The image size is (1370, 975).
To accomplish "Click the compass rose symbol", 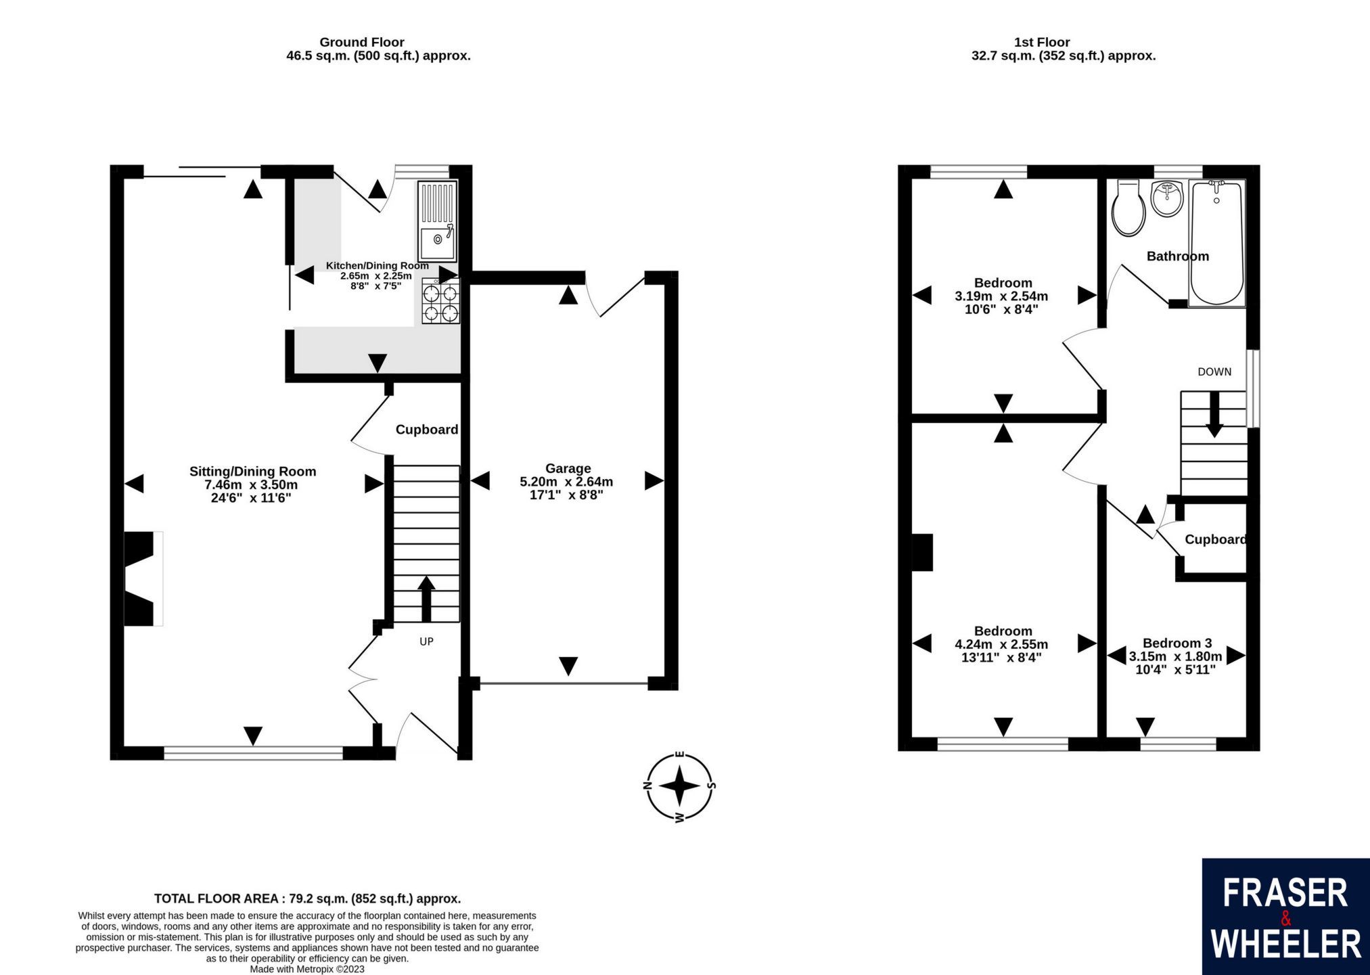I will pyautogui.click(x=680, y=787).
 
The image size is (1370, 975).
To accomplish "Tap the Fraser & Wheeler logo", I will pyautogui.click(x=1285, y=917).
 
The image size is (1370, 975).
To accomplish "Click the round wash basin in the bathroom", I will pyautogui.click(x=1167, y=198).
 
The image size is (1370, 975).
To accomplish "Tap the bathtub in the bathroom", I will pyautogui.click(x=1216, y=244).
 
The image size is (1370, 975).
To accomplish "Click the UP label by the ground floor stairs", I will pyautogui.click(x=426, y=641).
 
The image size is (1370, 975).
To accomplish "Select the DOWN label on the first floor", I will pyautogui.click(x=1214, y=371).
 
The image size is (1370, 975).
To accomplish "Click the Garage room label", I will pyautogui.click(x=568, y=468).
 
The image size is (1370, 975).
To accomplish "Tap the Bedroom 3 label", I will pyautogui.click(x=1177, y=643).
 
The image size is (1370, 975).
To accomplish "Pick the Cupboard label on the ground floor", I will pyautogui.click(x=426, y=430).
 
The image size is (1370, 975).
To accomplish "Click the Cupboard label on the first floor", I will pyautogui.click(x=1216, y=539).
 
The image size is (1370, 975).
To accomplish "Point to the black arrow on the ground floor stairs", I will pyautogui.click(x=426, y=598).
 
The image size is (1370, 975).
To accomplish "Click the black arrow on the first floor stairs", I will pyautogui.click(x=1214, y=414).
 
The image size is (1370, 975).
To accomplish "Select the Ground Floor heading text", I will pyautogui.click(x=362, y=42).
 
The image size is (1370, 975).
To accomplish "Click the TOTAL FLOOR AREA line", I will pyautogui.click(x=307, y=899).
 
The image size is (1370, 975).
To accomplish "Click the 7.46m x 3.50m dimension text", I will pyautogui.click(x=252, y=485).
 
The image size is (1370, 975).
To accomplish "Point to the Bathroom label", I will pyautogui.click(x=1177, y=256).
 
